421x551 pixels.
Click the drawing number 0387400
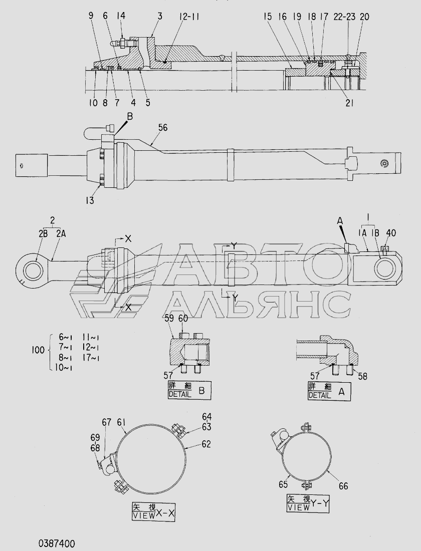(x=56, y=543)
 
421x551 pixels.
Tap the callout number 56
(x=163, y=128)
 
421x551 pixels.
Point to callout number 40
(x=390, y=233)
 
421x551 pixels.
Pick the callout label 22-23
(x=344, y=17)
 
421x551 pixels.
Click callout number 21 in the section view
(x=349, y=103)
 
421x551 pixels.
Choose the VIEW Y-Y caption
(x=308, y=503)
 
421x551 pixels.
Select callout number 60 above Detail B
(x=183, y=318)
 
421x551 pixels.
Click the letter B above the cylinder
(x=130, y=116)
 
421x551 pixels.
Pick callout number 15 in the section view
(x=269, y=17)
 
